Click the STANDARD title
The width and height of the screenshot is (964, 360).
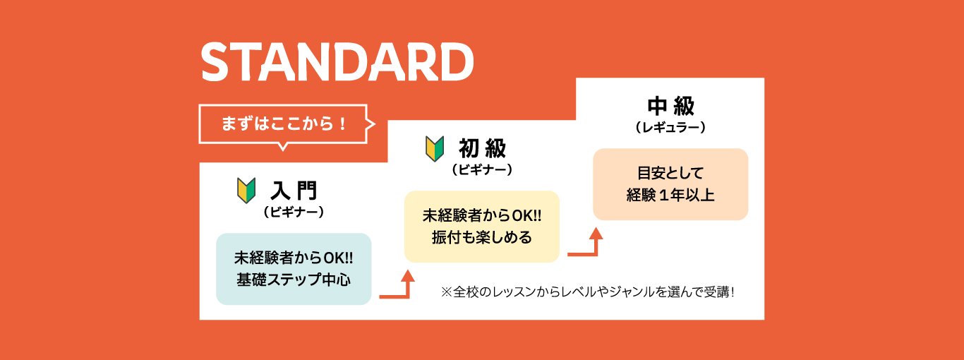tap(337, 62)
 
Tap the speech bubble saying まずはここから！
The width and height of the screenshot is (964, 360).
tap(284, 124)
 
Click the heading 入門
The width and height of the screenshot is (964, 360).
tap(294, 191)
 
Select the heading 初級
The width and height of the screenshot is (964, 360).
tap(483, 148)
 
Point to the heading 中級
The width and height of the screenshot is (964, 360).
tap(671, 106)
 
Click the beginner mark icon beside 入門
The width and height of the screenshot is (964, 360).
tap(246, 191)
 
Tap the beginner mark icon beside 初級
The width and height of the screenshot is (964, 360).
tap(435, 148)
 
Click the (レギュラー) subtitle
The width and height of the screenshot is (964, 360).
tap(671, 128)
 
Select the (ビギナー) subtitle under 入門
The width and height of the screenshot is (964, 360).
tap(294, 212)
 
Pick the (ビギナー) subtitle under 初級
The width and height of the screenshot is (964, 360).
tap(483, 169)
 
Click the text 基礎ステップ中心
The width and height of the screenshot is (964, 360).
tap(294, 280)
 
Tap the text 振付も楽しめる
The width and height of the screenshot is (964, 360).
tap(482, 237)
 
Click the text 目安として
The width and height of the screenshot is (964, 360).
tap(670, 173)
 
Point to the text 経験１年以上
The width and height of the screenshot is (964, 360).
tap(670, 195)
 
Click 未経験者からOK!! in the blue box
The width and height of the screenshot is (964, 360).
tap(294, 258)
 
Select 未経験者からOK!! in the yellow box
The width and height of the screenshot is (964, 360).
tap(482, 216)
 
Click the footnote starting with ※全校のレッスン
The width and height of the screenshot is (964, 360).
tap(588, 292)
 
